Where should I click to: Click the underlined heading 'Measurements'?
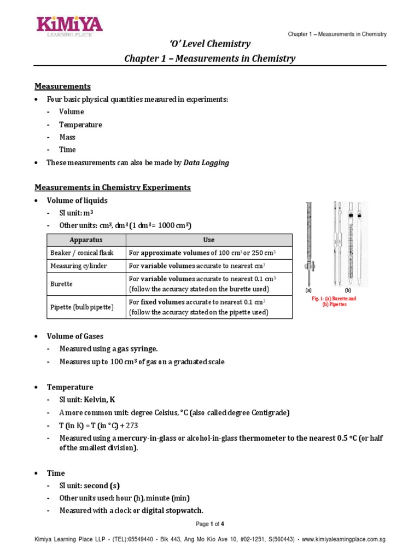[x=62, y=86]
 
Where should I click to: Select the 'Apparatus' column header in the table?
[x=86, y=240]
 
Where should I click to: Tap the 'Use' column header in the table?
[x=208, y=240]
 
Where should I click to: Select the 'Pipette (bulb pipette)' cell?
[x=81, y=307]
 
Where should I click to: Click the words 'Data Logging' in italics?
[x=206, y=163]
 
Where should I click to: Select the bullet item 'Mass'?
[x=67, y=137]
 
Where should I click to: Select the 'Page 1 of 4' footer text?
[x=210, y=525]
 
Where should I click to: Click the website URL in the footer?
[x=343, y=540]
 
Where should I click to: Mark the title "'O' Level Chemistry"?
[x=210, y=44]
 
